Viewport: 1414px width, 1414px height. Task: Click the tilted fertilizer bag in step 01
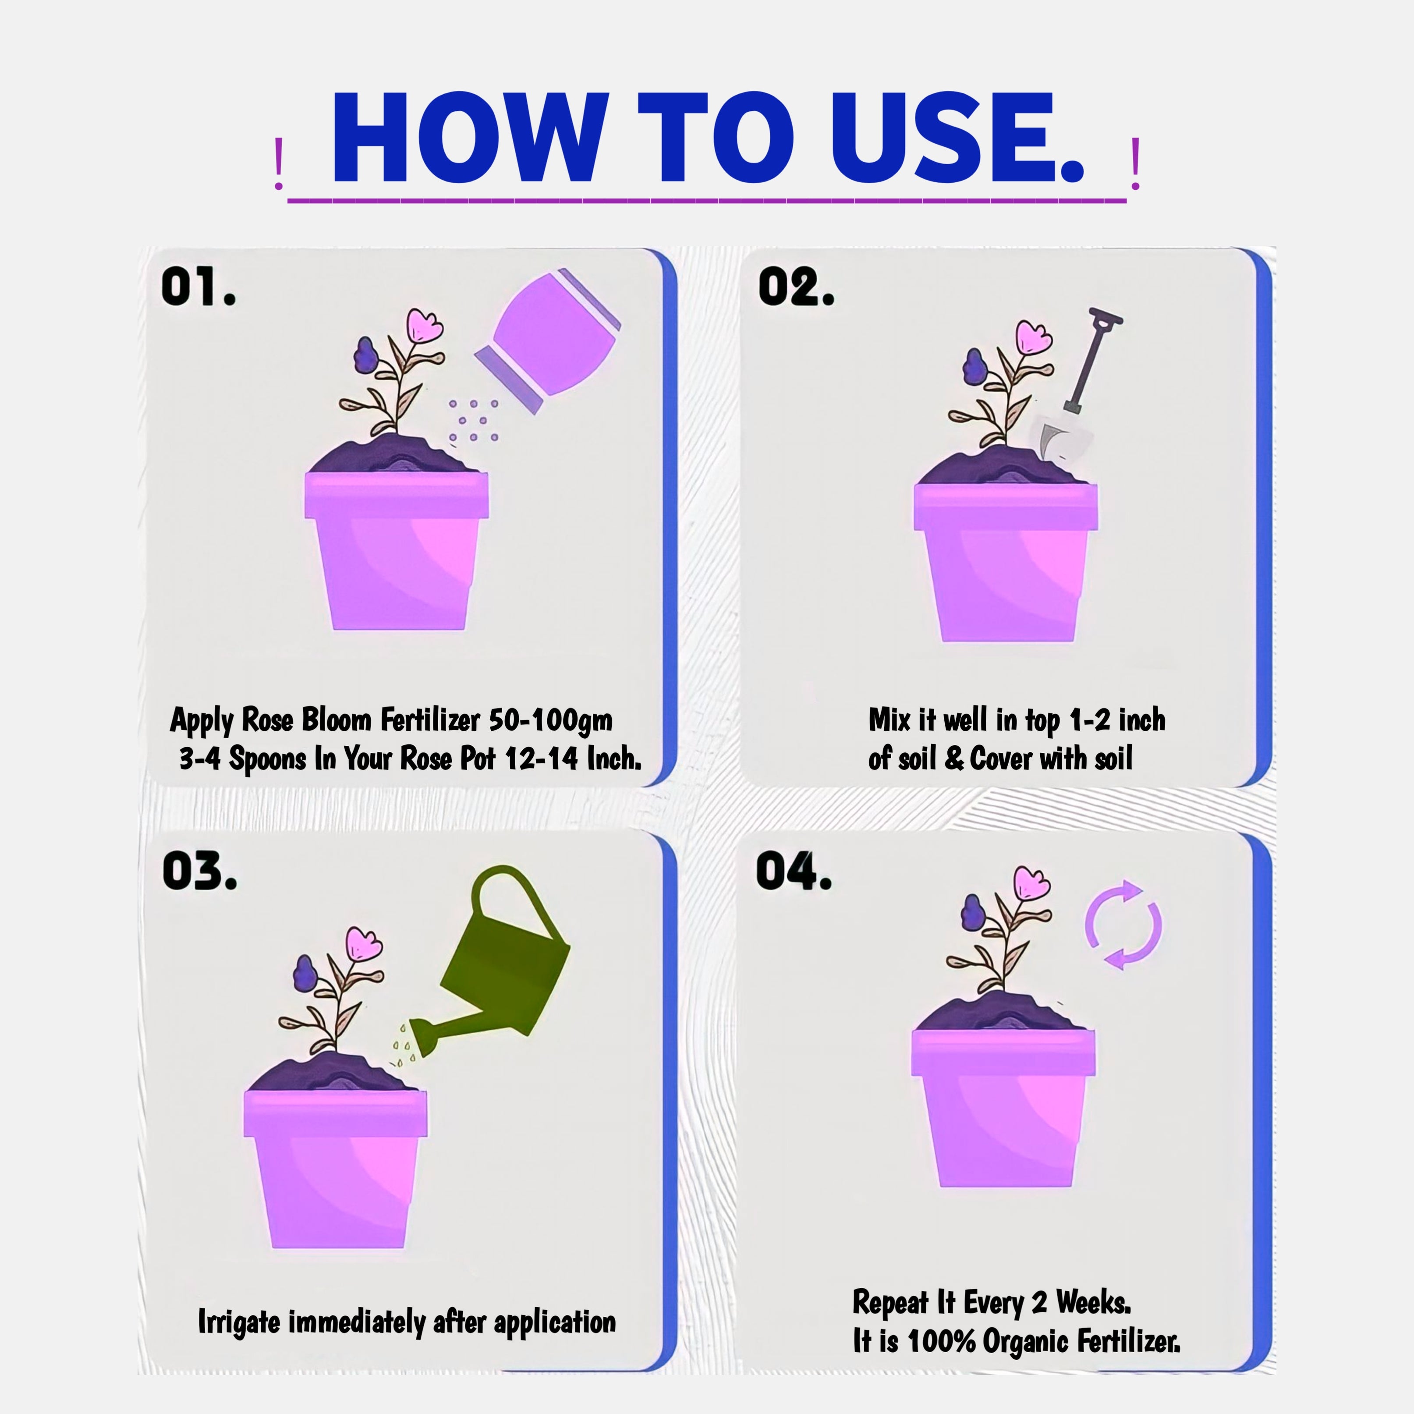coord(547,340)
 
